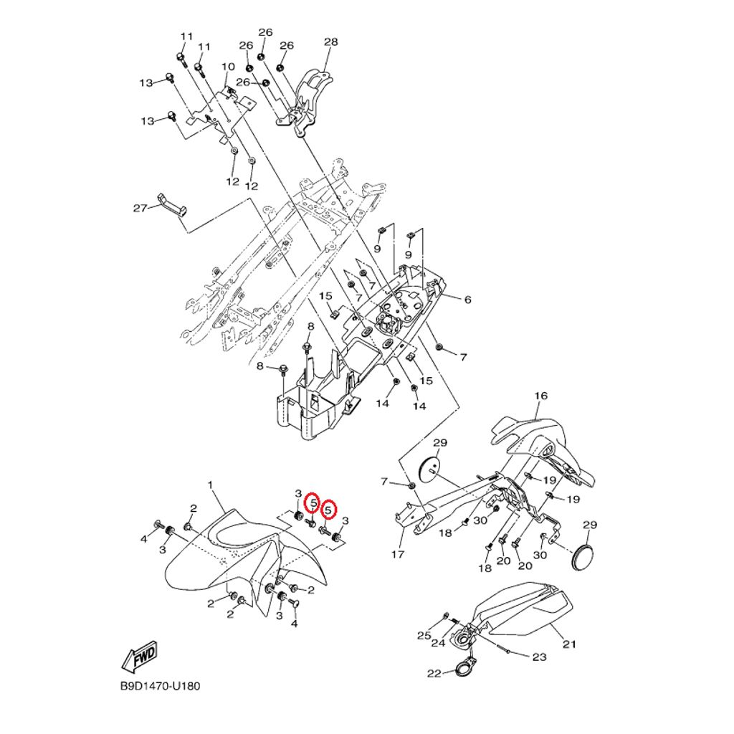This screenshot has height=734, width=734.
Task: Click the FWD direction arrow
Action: tap(140, 655)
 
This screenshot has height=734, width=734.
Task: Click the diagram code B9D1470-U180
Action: tap(160, 686)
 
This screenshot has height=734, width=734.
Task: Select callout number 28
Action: tap(330, 42)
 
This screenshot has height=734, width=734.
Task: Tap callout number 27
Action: tap(140, 209)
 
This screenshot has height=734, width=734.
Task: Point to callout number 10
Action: tap(228, 67)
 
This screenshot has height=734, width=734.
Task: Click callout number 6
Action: tap(467, 300)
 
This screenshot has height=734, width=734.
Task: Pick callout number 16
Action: tap(540, 396)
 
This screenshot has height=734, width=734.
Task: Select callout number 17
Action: tap(398, 554)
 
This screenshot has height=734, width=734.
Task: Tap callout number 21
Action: tap(568, 644)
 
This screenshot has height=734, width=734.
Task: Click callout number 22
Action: tap(434, 674)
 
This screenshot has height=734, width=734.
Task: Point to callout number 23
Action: tap(539, 657)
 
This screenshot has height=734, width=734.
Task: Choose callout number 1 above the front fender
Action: tap(211, 485)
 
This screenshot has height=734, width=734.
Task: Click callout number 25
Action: tap(424, 636)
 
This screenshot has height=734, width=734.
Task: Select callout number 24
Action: tap(437, 643)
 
